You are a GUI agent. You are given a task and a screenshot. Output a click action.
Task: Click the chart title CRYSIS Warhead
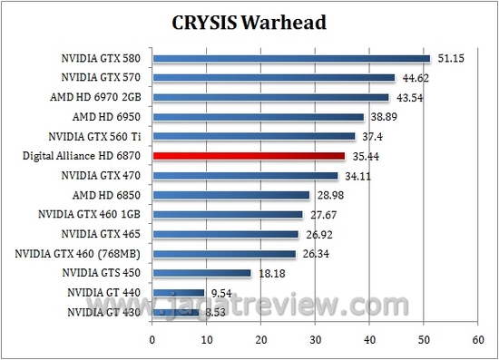click(249, 21)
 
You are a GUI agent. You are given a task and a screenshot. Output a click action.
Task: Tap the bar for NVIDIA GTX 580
click(291, 59)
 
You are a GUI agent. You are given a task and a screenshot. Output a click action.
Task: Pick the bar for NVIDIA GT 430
click(175, 312)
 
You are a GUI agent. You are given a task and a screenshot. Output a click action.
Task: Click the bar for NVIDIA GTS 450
click(201, 273)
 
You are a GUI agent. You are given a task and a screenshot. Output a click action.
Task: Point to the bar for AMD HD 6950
click(258, 117)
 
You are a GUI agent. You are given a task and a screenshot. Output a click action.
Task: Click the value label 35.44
click(364, 156)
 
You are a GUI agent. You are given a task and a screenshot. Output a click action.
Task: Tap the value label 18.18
click(269, 273)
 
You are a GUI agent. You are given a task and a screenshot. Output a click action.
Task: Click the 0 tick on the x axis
click(152, 341)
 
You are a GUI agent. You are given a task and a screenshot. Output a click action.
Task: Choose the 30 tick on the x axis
click(315, 341)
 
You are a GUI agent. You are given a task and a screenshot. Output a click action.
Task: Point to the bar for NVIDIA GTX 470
click(245, 175)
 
